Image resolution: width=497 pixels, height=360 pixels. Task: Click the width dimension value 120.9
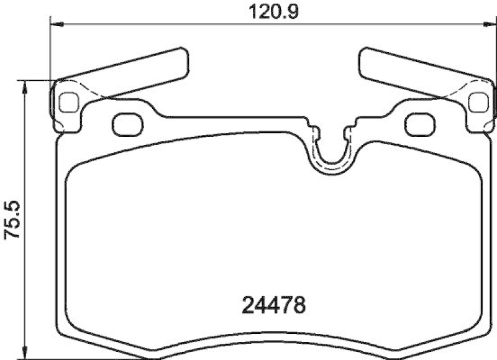[271, 11]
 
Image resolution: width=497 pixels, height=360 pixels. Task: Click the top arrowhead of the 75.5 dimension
[24, 85]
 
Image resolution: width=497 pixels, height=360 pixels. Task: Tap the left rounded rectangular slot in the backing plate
[127, 124]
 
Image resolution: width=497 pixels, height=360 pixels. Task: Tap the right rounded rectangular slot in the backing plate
[420, 124]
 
